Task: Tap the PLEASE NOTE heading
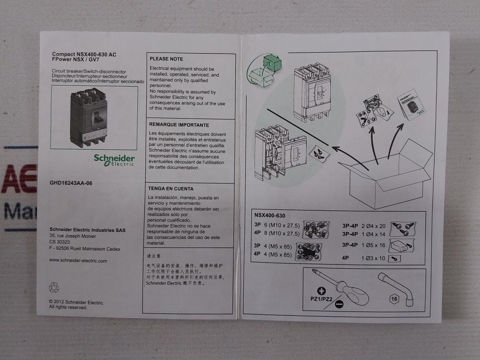click(x=166, y=59)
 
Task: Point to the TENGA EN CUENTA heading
click(x=171, y=188)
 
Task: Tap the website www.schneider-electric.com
click(x=78, y=260)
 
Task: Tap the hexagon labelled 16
click(x=394, y=298)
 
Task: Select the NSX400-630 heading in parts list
click(x=269, y=215)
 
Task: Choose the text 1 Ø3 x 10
click(x=373, y=258)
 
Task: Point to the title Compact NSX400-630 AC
click(x=84, y=55)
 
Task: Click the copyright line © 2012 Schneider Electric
click(x=76, y=302)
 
